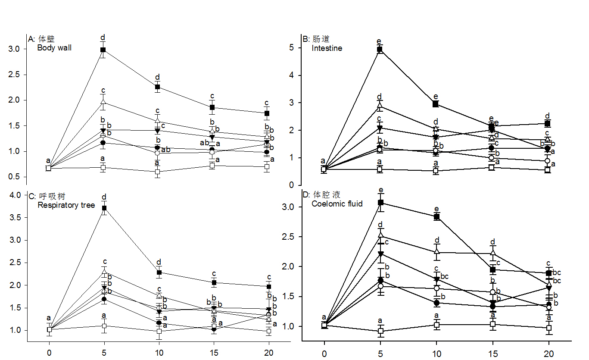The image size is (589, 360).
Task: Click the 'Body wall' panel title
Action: pos(54,48)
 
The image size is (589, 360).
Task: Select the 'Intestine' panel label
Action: pos(327,48)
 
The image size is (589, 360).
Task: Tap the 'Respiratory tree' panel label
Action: pos(66,205)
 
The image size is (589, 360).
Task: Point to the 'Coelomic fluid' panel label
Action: pos(337,204)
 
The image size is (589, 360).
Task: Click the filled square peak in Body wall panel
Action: pos(103,50)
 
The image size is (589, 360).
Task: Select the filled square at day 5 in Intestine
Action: pos(380,50)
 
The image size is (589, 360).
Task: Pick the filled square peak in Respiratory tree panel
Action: pos(104,208)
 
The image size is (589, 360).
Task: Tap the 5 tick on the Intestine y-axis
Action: pos(292,48)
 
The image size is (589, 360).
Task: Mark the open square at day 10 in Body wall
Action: pos(158,172)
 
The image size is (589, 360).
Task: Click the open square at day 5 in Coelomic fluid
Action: pos(381,331)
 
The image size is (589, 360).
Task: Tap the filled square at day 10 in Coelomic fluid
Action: pos(437,217)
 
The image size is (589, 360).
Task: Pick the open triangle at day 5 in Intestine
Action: pos(380,105)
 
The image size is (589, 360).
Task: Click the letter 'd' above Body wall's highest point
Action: pos(103,38)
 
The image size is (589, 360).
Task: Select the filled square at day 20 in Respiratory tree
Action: pos(269,286)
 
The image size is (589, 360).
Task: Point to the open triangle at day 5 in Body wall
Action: pos(103,102)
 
